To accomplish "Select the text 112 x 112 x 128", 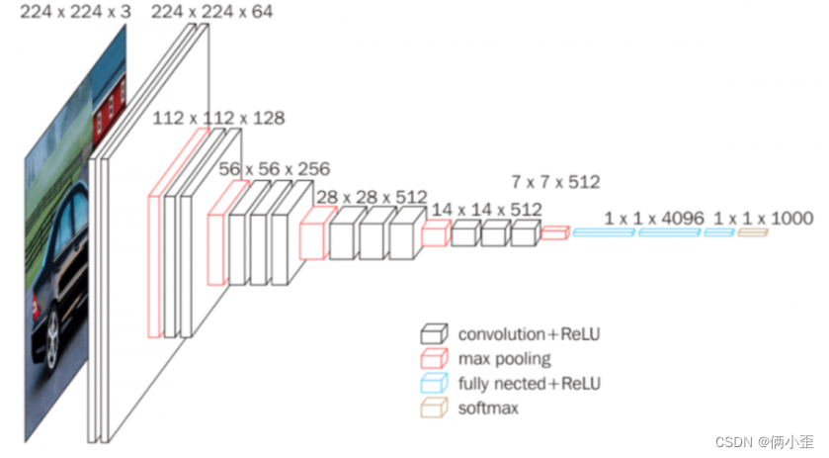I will [218, 119].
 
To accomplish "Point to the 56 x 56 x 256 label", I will [275, 169].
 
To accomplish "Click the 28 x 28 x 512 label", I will [371, 197].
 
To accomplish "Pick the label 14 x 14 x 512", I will [486, 210].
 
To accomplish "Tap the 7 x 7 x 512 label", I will [555, 182].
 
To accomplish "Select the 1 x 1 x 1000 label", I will [763, 218].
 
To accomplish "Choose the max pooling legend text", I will [504, 358].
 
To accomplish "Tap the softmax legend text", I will [487, 407].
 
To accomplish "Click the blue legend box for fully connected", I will [435, 383].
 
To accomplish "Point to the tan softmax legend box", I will [435, 407].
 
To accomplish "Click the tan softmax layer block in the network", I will [752, 232].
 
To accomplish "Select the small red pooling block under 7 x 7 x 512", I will [554, 233].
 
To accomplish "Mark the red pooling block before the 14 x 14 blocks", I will [435, 233].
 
